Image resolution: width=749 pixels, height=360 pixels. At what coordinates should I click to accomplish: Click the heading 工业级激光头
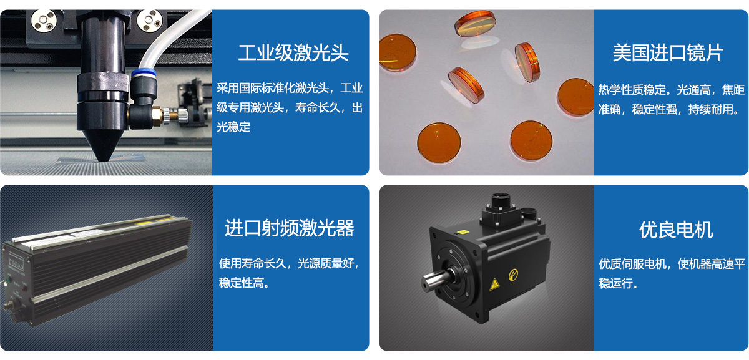click(293, 53)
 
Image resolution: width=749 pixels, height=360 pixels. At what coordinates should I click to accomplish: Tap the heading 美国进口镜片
click(668, 53)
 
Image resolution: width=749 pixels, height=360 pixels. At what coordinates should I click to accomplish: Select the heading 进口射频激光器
click(290, 228)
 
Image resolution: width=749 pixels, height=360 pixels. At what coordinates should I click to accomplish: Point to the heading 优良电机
click(676, 230)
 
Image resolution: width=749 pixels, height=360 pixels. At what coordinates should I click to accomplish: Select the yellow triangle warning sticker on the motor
click(494, 285)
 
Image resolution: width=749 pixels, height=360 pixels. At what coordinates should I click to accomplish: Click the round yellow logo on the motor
click(513, 275)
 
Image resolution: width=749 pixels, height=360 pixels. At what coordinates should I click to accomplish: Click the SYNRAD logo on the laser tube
click(16, 261)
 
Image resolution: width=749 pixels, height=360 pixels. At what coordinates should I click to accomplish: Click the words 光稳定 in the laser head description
click(233, 127)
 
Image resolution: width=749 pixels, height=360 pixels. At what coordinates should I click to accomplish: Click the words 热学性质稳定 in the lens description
click(632, 90)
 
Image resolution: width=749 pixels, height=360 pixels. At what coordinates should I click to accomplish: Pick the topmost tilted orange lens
click(475, 24)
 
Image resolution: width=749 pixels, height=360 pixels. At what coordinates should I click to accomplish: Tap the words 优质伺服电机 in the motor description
click(632, 264)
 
